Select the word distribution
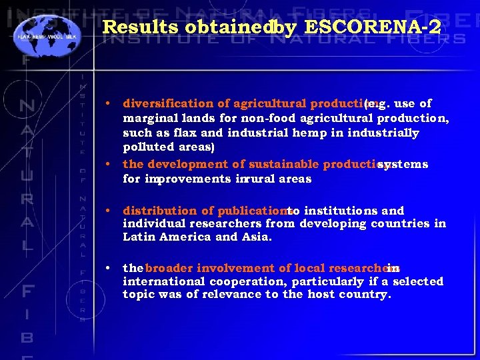pyautogui.click(x=157, y=210)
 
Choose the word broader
pyautogui.click(x=169, y=268)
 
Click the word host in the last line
pyautogui.click(x=320, y=294)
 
